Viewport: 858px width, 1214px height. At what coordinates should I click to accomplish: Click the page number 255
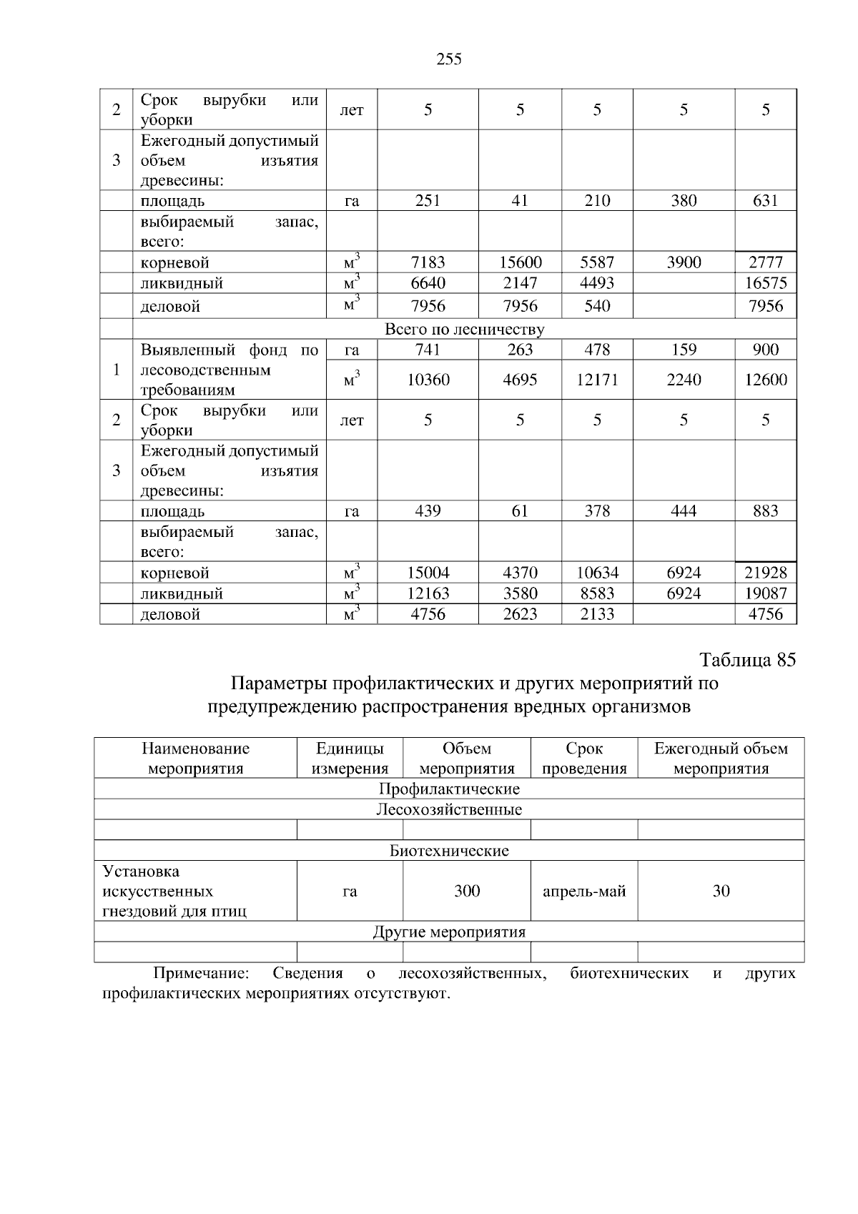click(x=448, y=59)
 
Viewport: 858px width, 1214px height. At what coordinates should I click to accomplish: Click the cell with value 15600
click(x=520, y=262)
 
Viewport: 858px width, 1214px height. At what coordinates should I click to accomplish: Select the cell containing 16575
click(x=765, y=283)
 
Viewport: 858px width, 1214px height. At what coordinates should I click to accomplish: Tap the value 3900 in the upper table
click(x=684, y=262)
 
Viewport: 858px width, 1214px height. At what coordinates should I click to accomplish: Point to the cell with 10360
click(x=428, y=380)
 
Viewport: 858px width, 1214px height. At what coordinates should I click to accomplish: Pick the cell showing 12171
click(x=597, y=380)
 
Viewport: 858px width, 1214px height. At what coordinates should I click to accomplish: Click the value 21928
click(x=765, y=573)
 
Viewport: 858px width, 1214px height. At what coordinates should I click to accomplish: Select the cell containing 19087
click(x=765, y=593)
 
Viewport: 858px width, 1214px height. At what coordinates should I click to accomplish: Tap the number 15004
click(x=428, y=573)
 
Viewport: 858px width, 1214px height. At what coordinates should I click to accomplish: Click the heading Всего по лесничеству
click(x=464, y=330)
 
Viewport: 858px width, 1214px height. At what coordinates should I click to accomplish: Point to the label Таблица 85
click(x=747, y=659)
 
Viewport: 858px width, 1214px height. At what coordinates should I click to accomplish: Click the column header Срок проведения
click(x=584, y=759)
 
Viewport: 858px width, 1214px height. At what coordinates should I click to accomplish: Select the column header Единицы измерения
click(x=350, y=759)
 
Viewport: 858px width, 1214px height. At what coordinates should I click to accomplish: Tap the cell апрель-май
click(x=584, y=892)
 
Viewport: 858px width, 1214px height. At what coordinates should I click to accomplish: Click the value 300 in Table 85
click(x=467, y=892)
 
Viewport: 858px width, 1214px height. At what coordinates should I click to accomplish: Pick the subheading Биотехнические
click(x=449, y=851)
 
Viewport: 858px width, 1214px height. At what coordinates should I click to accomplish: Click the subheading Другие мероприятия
click(x=449, y=932)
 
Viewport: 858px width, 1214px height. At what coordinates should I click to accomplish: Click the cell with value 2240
click(x=684, y=380)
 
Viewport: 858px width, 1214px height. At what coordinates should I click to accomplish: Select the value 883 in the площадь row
click(x=765, y=511)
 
